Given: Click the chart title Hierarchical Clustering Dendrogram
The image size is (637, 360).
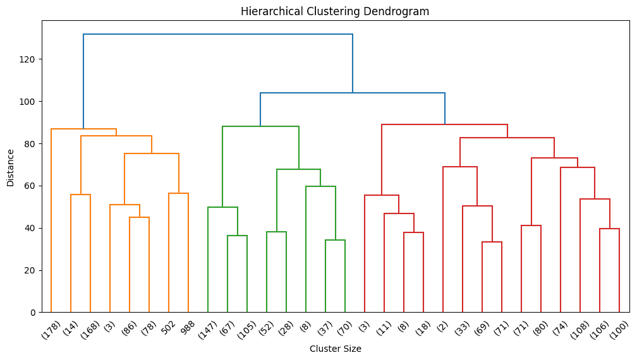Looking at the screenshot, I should click(x=336, y=11).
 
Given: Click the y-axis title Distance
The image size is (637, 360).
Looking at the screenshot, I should click(x=10, y=167).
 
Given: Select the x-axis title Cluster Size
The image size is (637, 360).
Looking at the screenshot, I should click(x=336, y=348).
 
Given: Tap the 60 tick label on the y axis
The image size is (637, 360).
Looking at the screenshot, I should click(x=31, y=186).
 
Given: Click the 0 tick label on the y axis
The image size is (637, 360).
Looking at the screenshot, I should click(x=33, y=313).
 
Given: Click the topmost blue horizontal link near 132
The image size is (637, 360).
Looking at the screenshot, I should click(x=218, y=34).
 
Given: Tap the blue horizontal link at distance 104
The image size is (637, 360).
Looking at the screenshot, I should click(x=353, y=93).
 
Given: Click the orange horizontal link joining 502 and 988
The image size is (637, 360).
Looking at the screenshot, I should click(x=178, y=193).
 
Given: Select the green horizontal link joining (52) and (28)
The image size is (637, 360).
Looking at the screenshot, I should click(x=276, y=232).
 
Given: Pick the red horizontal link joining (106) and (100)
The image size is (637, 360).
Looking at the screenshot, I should click(x=609, y=229).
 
